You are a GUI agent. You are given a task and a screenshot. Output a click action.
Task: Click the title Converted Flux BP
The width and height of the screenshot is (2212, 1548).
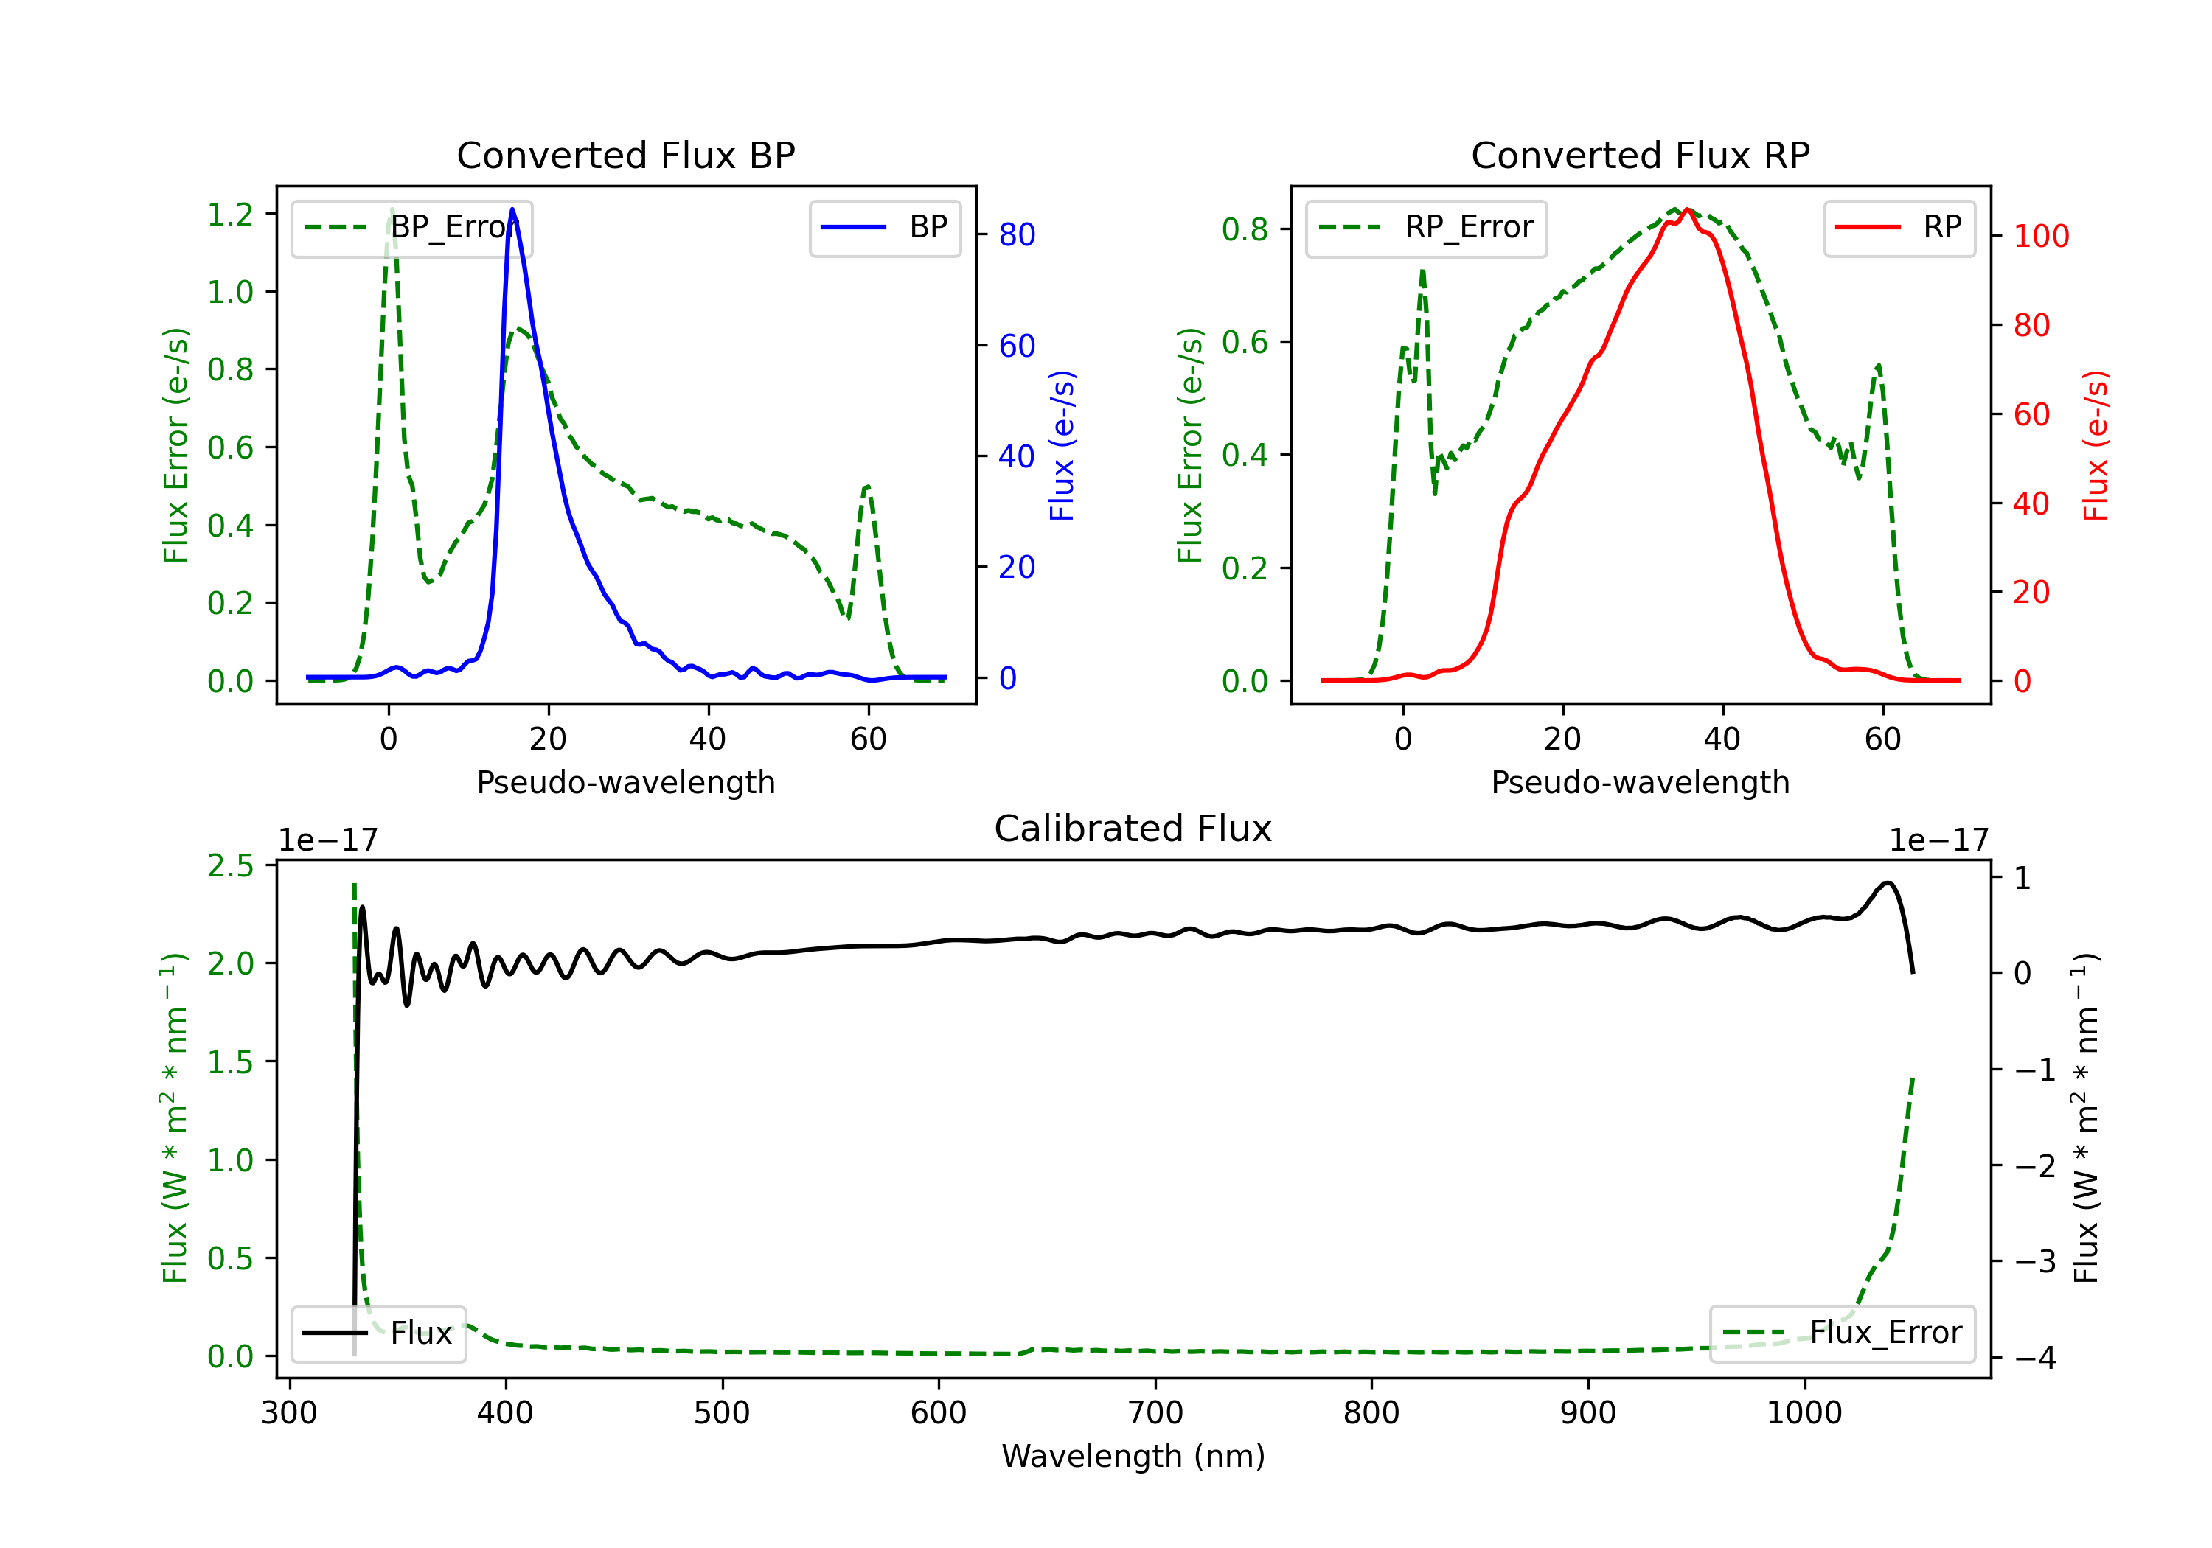(625, 155)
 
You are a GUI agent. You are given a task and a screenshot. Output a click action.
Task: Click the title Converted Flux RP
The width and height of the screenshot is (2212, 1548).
(1640, 155)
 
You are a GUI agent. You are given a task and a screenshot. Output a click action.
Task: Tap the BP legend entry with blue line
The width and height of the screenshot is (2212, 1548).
(884, 227)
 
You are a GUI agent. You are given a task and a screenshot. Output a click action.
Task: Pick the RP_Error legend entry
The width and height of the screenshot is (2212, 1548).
(1426, 227)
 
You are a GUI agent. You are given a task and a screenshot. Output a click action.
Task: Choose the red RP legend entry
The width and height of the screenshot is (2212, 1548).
(1899, 227)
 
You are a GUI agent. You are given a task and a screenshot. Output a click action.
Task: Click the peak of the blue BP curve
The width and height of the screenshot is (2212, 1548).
(512, 209)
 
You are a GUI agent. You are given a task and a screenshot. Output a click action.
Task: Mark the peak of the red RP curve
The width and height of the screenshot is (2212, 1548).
(1687, 210)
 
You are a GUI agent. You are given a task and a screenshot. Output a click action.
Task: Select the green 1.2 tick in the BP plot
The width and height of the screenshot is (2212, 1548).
(230, 214)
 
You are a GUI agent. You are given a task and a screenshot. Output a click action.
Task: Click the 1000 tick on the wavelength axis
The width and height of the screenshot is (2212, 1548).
(1804, 1413)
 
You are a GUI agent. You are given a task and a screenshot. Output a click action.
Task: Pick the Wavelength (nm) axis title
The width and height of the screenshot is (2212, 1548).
(1133, 1456)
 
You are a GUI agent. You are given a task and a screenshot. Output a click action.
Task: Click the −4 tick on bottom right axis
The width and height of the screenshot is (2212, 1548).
(2035, 1359)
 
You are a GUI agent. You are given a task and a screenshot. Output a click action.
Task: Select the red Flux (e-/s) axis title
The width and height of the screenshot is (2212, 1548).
(2095, 445)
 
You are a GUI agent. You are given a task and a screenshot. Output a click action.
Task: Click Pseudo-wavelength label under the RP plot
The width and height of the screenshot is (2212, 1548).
(1640, 782)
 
